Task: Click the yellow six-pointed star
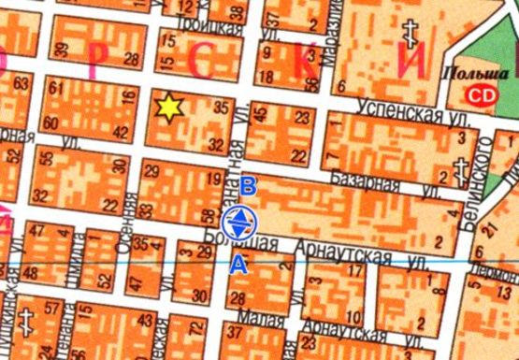pyautogui.click(x=168, y=108)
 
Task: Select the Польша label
pyautogui.click(x=466, y=72)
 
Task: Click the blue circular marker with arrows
pyautogui.click(x=239, y=222)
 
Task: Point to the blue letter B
pyautogui.click(x=247, y=183)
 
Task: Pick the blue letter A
pyautogui.click(x=239, y=264)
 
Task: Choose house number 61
pyautogui.click(x=55, y=89)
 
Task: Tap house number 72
pyautogui.click(x=195, y=326)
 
